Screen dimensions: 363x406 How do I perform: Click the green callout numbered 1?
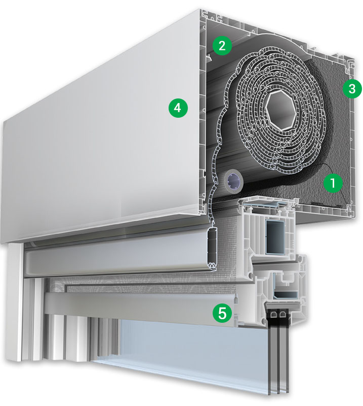click(x=333, y=183)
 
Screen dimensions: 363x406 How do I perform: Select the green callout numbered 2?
click(x=222, y=46)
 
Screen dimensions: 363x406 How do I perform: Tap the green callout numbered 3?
click(x=352, y=88)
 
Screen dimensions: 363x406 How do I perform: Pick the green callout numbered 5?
click(x=222, y=313)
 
